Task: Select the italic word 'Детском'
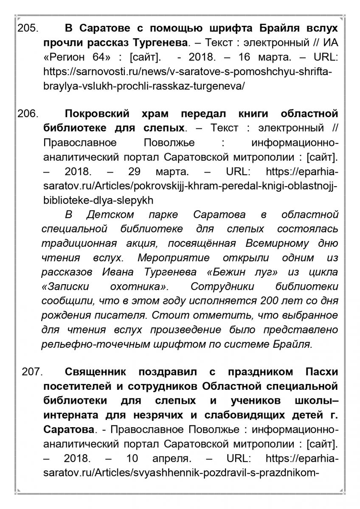coord(110,214)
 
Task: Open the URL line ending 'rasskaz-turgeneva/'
coord(144,86)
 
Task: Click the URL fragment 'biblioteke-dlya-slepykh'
coord(98,200)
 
